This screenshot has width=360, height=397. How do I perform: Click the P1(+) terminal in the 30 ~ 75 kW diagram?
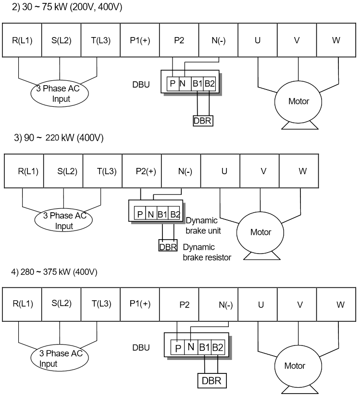(140, 40)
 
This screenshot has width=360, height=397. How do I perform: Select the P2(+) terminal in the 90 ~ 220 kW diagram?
(142, 171)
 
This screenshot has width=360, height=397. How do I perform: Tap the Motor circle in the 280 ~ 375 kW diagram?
(295, 366)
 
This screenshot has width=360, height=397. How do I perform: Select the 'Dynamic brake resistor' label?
(207, 253)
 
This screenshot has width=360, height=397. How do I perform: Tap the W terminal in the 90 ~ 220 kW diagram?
(302, 171)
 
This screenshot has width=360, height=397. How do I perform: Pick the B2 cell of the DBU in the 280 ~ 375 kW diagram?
(217, 347)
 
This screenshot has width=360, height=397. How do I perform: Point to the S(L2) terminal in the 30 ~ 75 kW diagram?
(61, 40)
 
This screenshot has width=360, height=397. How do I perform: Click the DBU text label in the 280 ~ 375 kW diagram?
(141, 347)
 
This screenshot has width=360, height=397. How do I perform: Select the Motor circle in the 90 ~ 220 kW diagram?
(261, 232)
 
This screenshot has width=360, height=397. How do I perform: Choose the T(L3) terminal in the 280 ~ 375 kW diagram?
(100, 304)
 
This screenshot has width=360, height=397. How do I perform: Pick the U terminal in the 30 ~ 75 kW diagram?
(258, 40)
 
